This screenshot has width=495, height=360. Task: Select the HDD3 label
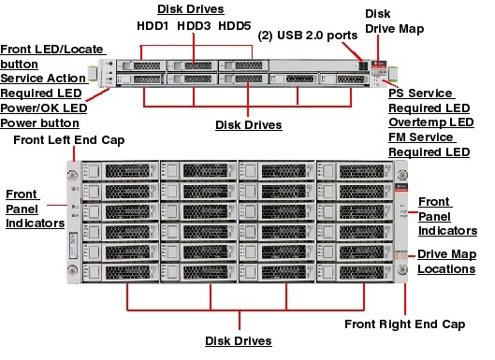[x=195, y=28]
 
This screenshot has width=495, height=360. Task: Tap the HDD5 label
[x=235, y=28]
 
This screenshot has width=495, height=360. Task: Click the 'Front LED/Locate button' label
[x=51, y=56]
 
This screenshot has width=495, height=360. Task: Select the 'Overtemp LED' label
[x=429, y=122]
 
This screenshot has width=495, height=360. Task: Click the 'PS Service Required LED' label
[x=420, y=101]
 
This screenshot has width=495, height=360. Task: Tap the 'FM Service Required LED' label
[x=429, y=144]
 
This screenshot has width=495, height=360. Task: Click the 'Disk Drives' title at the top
[x=194, y=10]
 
